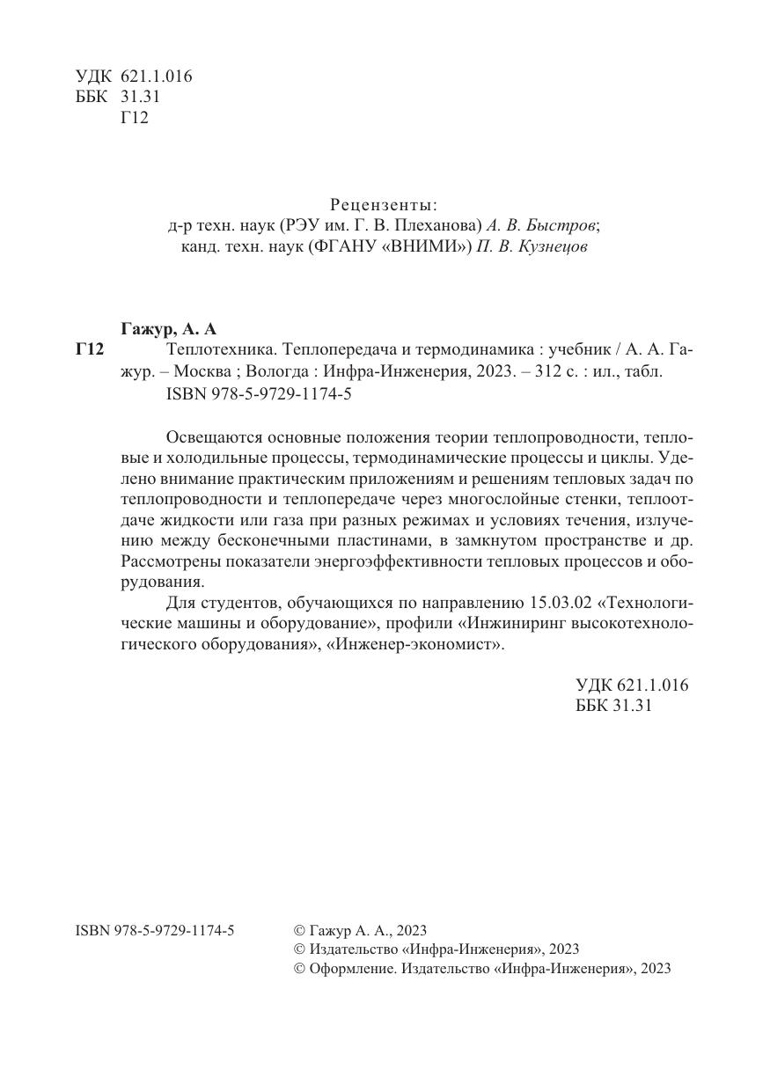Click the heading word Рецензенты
(384, 205)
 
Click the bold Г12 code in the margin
(91, 351)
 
